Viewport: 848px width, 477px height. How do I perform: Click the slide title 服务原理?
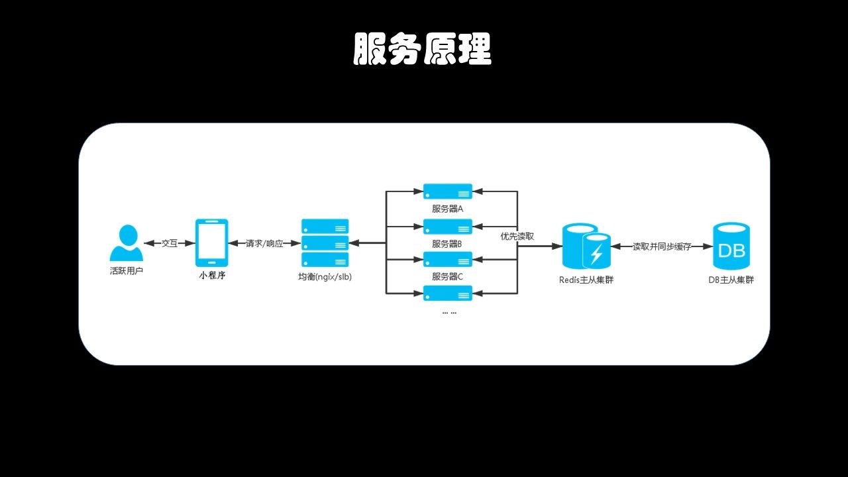click(423, 49)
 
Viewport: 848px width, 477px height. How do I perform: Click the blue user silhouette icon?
click(126, 243)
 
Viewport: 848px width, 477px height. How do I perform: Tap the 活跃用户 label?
click(126, 272)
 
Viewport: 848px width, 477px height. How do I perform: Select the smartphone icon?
click(212, 242)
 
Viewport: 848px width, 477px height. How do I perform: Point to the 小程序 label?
click(212, 276)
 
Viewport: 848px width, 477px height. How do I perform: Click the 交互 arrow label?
click(170, 243)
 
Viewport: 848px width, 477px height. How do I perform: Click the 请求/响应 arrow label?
click(264, 243)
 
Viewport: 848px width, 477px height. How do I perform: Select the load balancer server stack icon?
click(325, 242)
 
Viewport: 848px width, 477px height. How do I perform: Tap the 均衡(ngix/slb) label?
click(325, 277)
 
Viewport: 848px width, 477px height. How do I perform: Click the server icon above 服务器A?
click(448, 191)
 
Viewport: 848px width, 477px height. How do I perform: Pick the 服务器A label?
click(448, 209)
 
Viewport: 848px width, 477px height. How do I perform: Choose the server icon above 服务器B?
click(448, 227)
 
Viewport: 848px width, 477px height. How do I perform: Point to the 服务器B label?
click(448, 244)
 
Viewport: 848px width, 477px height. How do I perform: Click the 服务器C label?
click(448, 276)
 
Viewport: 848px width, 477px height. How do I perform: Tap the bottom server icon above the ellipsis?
click(448, 293)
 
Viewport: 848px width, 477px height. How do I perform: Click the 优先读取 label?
click(517, 236)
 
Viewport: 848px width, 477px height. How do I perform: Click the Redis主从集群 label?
click(586, 280)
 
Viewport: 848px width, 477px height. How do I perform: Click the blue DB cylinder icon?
click(731, 246)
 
